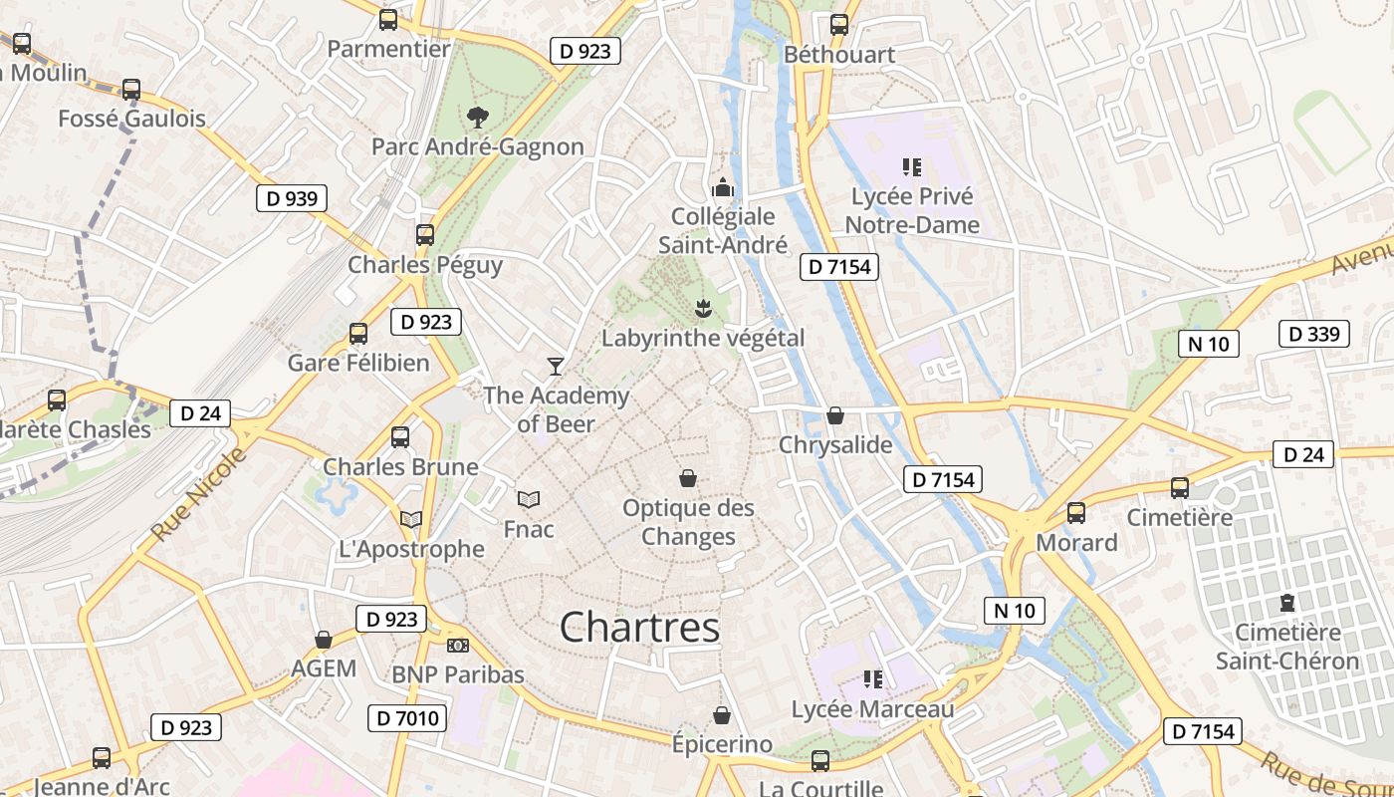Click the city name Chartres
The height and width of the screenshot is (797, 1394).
pos(639,628)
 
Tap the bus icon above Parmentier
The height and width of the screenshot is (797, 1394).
pos(388,19)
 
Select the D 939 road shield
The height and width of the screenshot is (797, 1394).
pos(292,198)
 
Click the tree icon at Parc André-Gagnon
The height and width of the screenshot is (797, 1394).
pos(478,117)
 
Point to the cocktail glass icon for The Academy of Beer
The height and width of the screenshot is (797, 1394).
pos(556,366)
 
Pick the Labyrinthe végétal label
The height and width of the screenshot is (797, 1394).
pos(702,338)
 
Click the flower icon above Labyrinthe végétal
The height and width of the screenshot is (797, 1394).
pos(703,308)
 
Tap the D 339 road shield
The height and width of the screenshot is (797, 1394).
pos(1313,334)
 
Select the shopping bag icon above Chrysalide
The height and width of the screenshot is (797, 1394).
pos(835,415)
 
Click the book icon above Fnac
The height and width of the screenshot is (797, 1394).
pos(529,499)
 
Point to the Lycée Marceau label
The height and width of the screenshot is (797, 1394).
pos(872,709)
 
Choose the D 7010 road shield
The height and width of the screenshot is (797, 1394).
pos(407,717)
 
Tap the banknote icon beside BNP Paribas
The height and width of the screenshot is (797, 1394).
pos(458,646)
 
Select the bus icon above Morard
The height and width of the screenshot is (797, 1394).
pos(1076,513)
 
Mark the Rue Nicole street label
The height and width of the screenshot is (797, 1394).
pos(198,495)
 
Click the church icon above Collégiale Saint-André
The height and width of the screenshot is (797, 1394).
pos(723,186)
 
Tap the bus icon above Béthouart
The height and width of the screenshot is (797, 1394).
pos(839,25)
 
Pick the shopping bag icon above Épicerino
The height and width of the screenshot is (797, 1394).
pos(722,715)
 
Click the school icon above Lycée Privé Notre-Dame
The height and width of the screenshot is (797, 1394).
pos(912,166)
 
